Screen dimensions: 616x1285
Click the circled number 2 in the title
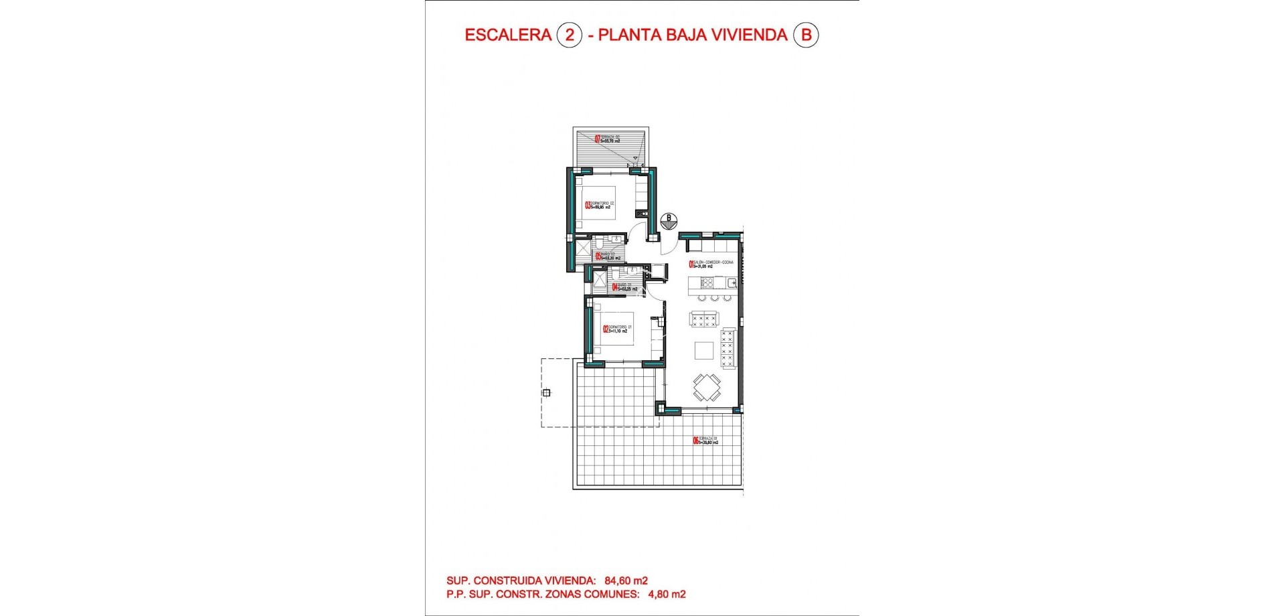[570, 35]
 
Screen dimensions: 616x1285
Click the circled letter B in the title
[806, 35]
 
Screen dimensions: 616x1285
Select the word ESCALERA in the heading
[508, 35]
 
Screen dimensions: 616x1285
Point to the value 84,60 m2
[626, 581]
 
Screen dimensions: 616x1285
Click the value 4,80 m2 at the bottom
[667, 594]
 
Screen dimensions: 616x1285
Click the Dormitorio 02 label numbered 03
[600, 206]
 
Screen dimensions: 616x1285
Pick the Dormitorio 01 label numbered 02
[616, 329]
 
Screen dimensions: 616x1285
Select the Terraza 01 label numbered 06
[705, 440]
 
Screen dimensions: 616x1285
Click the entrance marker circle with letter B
[668, 220]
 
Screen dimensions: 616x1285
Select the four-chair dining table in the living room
[707, 387]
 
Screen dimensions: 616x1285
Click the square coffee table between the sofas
[703, 350]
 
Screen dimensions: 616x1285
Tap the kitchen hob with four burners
[707, 283]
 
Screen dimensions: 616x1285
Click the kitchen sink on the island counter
[732, 283]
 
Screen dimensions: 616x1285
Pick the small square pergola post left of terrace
[547, 393]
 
